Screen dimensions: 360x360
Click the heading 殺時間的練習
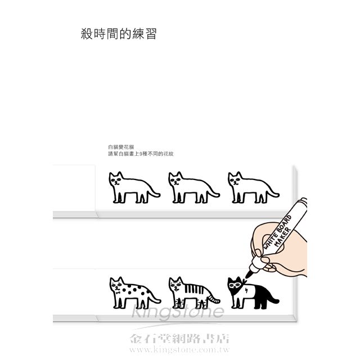119,34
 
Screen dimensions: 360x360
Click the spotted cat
135,293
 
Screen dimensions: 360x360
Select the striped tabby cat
194,293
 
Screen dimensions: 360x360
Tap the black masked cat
253,293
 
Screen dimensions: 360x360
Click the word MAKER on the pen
283,237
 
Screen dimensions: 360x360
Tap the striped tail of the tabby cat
214,299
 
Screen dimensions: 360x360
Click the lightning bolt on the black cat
246,291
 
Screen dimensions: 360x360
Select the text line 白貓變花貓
121,147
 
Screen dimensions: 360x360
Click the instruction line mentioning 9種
141,154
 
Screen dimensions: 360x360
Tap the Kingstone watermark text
178,310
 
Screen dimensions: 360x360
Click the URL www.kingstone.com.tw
179,350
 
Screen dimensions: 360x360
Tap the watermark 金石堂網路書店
179,339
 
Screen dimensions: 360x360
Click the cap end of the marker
304,201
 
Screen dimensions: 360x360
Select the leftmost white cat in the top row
134,187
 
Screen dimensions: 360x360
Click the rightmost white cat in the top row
254,187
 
